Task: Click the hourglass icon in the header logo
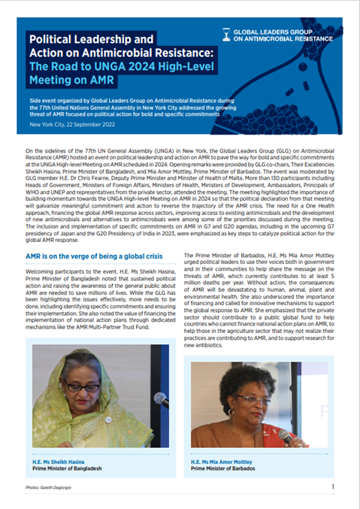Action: tap(227, 33)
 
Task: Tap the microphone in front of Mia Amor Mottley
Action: tap(286, 436)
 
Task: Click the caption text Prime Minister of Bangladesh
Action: tap(66, 466)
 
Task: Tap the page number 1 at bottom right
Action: tap(333, 486)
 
